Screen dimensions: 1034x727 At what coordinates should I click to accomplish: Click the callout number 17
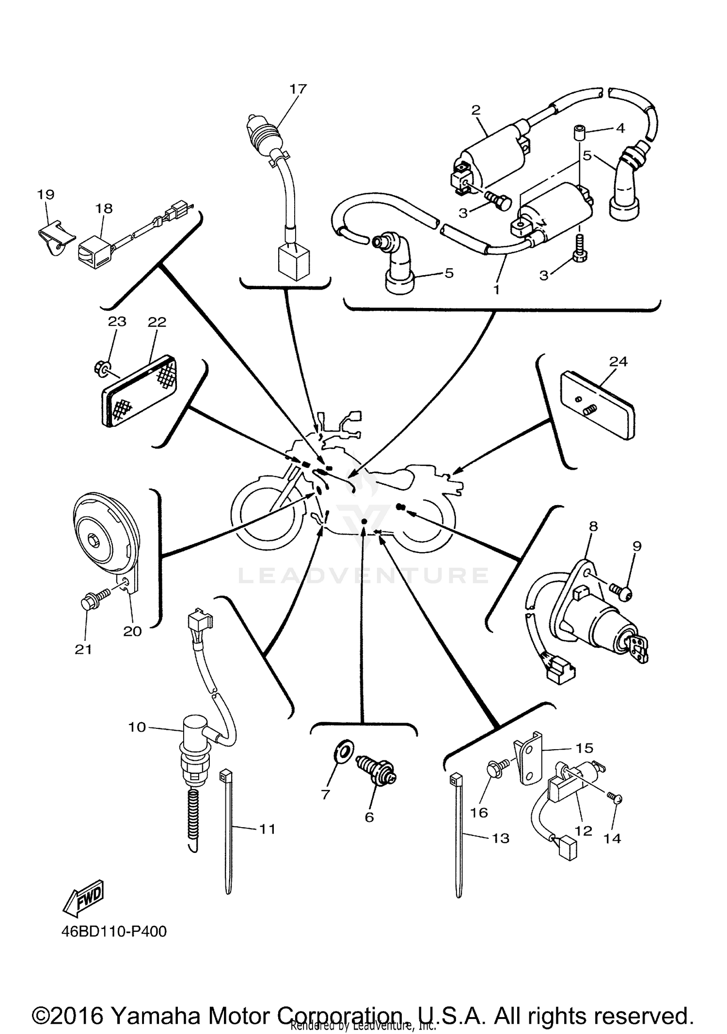pyautogui.click(x=298, y=89)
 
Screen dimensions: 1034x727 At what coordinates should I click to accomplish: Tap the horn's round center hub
pyautogui.click(x=93, y=539)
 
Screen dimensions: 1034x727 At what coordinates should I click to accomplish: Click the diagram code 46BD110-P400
pyautogui.click(x=114, y=931)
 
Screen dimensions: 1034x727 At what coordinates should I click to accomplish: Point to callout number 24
pyautogui.click(x=618, y=362)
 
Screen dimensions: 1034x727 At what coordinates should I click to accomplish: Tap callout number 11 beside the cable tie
pyautogui.click(x=267, y=829)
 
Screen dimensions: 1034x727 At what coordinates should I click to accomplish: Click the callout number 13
pyautogui.click(x=501, y=838)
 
